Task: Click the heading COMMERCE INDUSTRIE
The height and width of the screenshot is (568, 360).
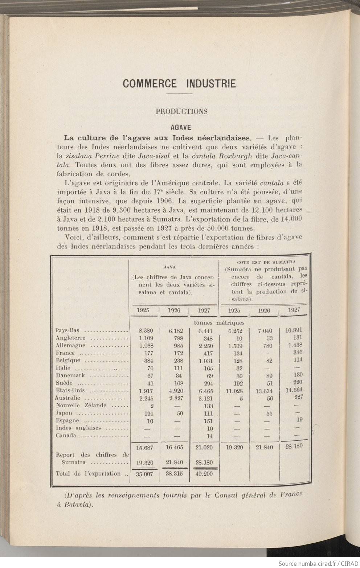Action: (179, 83)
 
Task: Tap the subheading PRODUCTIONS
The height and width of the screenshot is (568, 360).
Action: (181, 111)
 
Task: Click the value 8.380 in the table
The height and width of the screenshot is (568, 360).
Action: (146, 330)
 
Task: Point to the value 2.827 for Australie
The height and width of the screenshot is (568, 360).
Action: (175, 398)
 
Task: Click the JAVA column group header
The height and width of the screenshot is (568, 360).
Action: (168, 267)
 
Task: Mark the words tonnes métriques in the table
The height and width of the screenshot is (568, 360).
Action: (219, 322)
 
